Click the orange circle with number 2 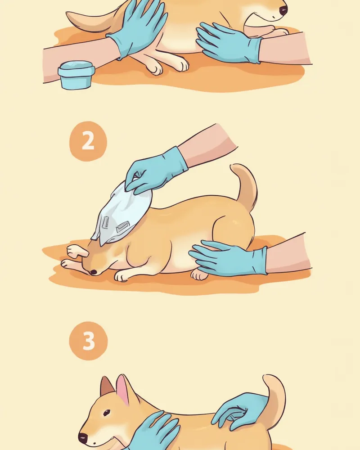click(88, 141)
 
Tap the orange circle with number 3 click(88, 341)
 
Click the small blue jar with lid click(76, 75)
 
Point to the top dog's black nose click(283, 10)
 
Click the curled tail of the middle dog click(246, 187)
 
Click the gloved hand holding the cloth click(155, 171)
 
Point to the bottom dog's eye click(107, 413)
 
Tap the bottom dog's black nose click(83, 438)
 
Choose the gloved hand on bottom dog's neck click(155, 431)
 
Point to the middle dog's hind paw click(199, 275)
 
